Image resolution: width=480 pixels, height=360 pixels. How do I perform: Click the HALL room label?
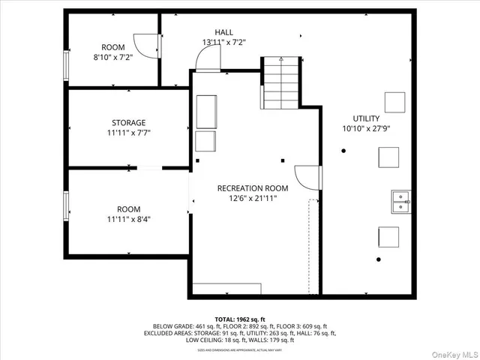click(x=223, y=32)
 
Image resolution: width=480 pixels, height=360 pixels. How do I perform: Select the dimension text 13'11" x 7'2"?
click(x=223, y=43)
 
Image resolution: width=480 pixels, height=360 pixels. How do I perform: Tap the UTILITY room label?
click(x=366, y=118)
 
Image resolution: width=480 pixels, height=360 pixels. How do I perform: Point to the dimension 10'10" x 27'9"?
click(x=366, y=129)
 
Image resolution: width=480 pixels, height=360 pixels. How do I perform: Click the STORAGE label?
click(x=128, y=122)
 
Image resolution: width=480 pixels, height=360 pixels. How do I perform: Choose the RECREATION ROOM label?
click(x=253, y=188)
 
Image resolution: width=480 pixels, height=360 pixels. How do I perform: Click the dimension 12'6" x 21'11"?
click(x=253, y=199)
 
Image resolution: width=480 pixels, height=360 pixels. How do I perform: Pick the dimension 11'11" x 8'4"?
click(x=128, y=220)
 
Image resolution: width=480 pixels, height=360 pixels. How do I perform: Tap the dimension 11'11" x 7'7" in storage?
click(x=128, y=133)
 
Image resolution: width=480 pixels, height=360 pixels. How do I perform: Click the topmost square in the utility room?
click(x=394, y=101)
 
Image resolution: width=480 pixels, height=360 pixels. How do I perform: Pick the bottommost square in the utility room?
click(x=388, y=237)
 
